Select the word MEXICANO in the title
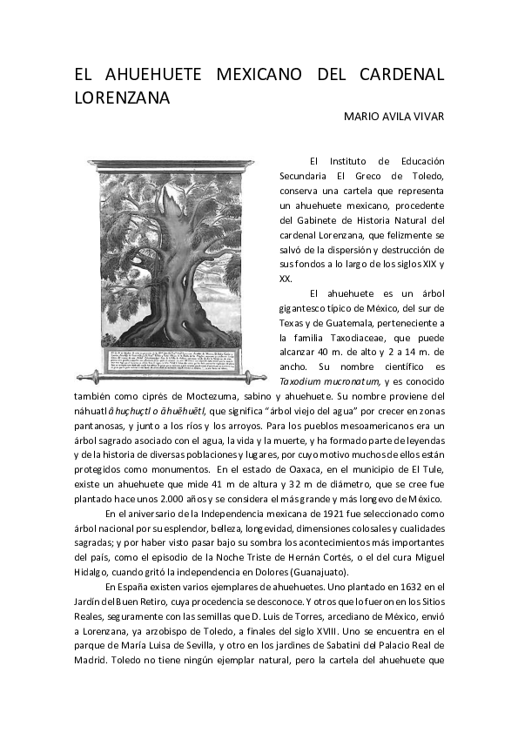coord(252,74)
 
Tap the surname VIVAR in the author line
coord(427,116)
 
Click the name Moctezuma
coord(198,396)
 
